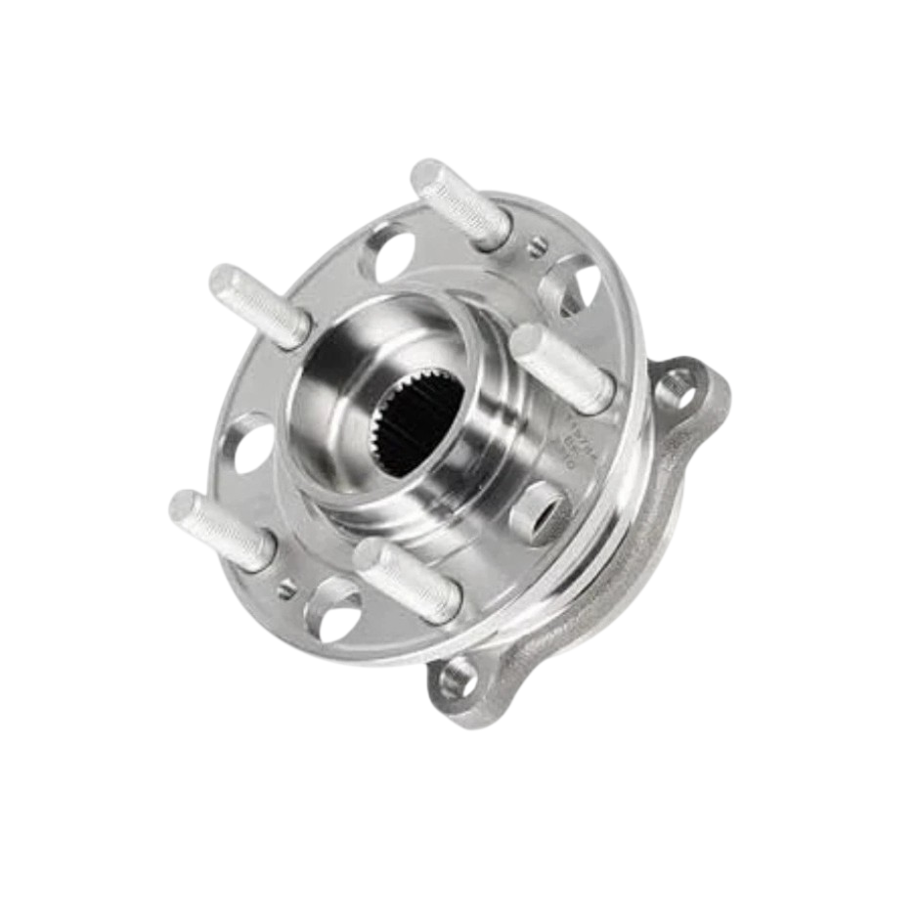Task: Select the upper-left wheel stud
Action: (x=262, y=308)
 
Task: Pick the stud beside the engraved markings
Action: (x=562, y=367)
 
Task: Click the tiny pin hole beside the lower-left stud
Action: (x=285, y=588)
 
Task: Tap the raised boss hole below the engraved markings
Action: (x=541, y=510)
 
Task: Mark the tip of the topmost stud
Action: (x=426, y=177)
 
